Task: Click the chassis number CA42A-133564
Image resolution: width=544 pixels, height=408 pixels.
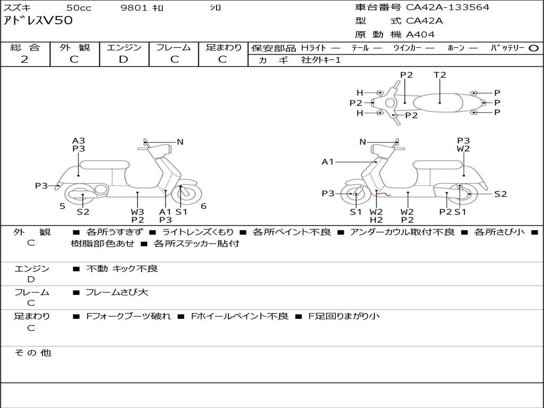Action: tap(448, 7)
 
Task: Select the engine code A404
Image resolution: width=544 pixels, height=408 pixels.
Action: tap(420, 35)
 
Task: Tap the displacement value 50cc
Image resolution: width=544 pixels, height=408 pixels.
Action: tap(78, 8)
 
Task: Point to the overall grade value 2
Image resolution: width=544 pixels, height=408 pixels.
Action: tap(24, 59)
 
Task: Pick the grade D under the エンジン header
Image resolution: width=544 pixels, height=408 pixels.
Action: tap(124, 59)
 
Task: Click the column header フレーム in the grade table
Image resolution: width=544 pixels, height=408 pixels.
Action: tap(174, 47)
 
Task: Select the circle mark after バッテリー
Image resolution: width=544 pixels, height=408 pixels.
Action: tap(533, 48)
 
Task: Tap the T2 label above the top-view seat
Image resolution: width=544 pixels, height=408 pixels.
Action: tap(440, 75)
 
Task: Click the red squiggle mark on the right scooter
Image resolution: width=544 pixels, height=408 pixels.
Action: tap(384, 195)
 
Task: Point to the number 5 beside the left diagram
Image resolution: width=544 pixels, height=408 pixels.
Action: tap(62, 206)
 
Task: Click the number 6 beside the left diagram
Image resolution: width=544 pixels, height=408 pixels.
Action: tap(203, 206)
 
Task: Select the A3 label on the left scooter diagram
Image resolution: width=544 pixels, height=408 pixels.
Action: tap(79, 141)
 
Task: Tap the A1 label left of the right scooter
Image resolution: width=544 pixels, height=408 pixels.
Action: tap(328, 161)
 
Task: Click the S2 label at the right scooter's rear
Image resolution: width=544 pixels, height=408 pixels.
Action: tap(500, 194)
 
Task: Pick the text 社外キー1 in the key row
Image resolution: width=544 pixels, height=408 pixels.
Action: tap(321, 60)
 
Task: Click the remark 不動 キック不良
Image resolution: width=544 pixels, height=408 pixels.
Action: tap(122, 269)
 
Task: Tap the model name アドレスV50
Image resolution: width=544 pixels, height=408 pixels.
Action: tap(38, 21)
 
